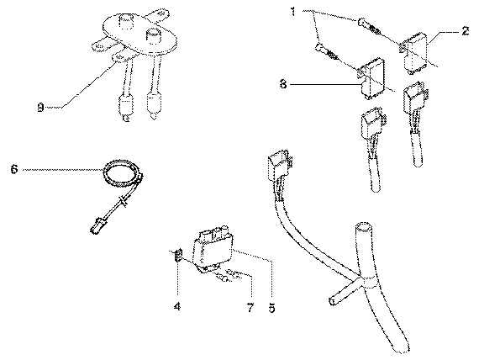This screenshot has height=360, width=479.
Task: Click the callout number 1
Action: click(293, 12)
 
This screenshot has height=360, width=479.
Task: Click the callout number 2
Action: click(466, 31)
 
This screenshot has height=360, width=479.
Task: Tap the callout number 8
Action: click(283, 84)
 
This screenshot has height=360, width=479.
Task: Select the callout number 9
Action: click(40, 108)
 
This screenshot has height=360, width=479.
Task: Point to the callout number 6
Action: click(14, 169)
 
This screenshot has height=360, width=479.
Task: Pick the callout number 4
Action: click(177, 306)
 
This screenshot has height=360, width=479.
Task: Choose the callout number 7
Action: click(250, 308)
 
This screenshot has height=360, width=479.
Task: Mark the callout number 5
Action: click(272, 308)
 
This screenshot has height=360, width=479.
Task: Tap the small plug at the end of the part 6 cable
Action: click(97, 225)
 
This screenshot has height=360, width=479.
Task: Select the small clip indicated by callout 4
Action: click(178, 255)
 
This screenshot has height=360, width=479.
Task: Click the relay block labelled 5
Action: click(213, 248)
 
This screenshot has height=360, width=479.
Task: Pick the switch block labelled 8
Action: click(371, 78)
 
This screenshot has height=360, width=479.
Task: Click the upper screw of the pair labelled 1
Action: click(369, 26)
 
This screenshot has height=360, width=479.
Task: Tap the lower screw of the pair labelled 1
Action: click(326, 51)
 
